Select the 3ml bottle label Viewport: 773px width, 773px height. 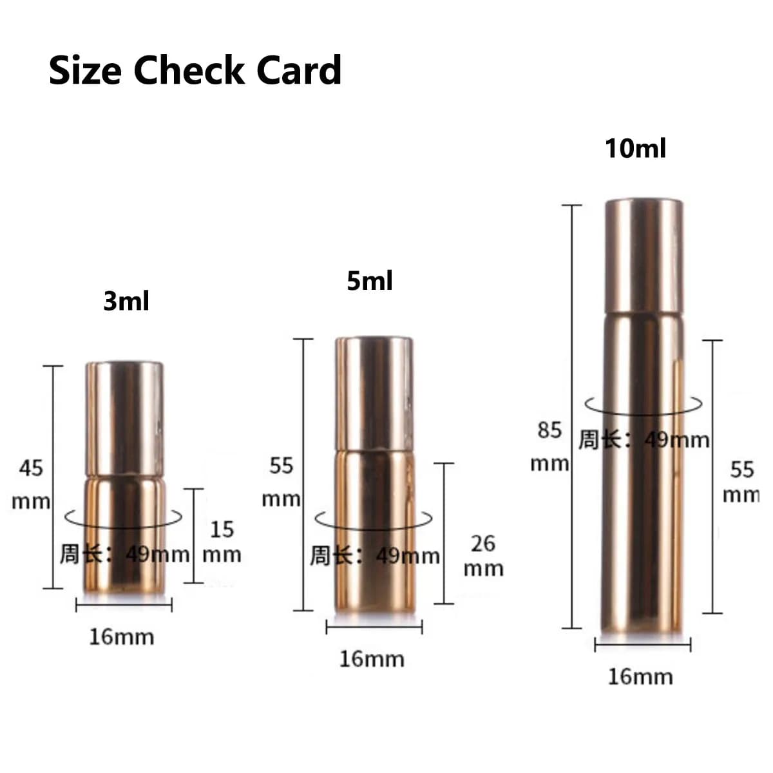tap(126, 301)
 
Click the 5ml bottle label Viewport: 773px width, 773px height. tap(370, 281)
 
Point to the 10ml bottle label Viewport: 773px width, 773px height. tap(636, 148)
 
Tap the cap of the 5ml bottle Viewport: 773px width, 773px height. tap(374, 394)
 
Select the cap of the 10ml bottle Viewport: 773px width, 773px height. tap(644, 256)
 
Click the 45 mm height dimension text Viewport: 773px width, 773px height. tap(31, 485)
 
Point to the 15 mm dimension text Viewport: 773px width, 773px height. tap(222, 542)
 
